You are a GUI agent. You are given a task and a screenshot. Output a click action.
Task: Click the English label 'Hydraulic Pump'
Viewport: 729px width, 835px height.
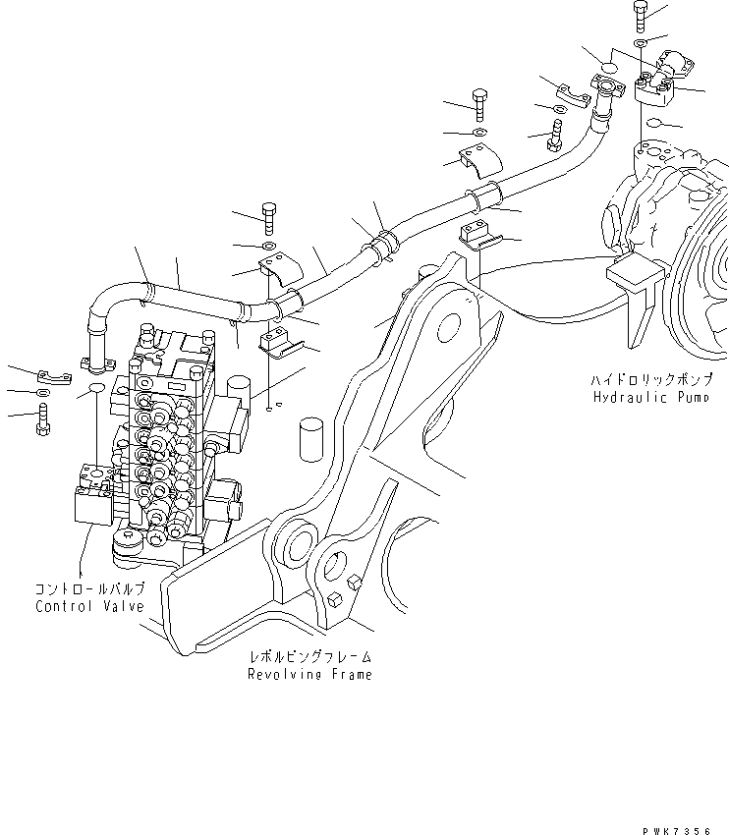click(644, 398)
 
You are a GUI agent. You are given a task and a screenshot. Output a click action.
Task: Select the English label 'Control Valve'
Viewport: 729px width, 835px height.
click(89, 606)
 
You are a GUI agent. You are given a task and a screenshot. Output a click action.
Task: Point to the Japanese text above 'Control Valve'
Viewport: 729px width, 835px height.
click(89, 589)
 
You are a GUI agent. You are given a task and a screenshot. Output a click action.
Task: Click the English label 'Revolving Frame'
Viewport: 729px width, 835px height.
click(309, 675)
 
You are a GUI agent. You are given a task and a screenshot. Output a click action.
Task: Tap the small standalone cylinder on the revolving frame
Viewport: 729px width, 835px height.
click(311, 436)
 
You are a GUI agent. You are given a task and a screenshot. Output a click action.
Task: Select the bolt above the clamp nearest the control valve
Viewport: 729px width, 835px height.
click(270, 215)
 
